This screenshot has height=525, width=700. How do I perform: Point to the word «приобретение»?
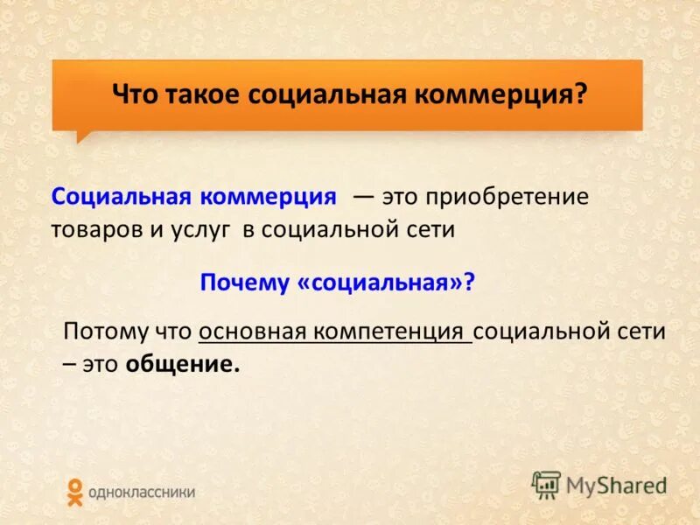[x=507, y=197]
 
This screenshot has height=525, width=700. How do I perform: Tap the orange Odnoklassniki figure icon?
[x=75, y=492]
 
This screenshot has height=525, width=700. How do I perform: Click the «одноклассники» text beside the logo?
[x=141, y=493]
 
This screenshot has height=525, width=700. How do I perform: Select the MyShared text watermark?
[x=616, y=484]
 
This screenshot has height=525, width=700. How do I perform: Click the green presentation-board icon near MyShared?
[x=546, y=484]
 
